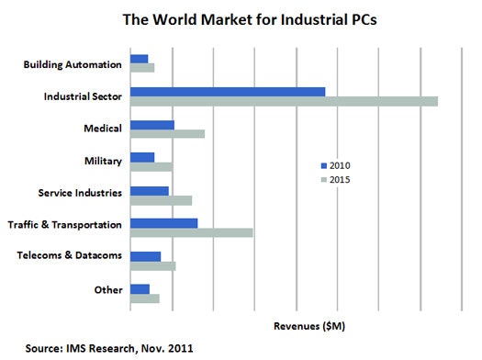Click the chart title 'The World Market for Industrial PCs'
pyautogui.click(x=241, y=19)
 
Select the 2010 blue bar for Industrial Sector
pyautogui.click(x=228, y=91)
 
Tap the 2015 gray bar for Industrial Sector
pyautogui.click(x=284, y=101)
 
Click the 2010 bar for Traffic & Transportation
pyautogui.click(x=164, y=223)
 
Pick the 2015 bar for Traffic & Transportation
pyautogui.click(x=191, y=233)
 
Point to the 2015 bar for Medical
pyautogui.click(x=167, y=134)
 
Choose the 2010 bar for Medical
pyautogui.click(x=152, y=124)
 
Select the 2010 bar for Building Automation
pyautogui.click(x=140, y=58)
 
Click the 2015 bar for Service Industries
pyautogui.click(x=161, y=200)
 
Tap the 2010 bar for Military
pyautogui.click(x=142, y=157)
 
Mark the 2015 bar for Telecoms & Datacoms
pyautogui.click(x=152, y=266)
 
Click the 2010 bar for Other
pyautogui.click(x=140, y=289)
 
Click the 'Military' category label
pyautogui.click(x=103, y=162)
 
